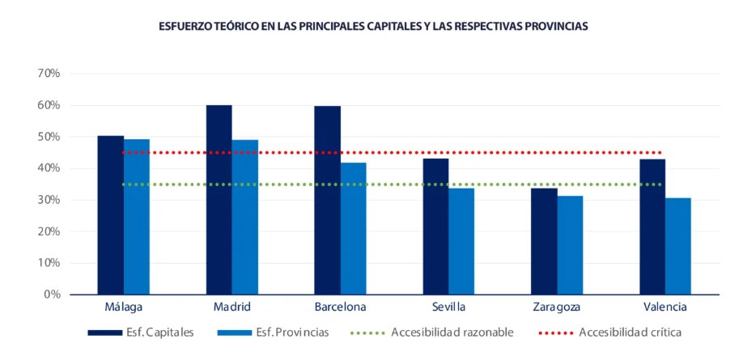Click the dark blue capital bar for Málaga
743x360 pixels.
(110, 215)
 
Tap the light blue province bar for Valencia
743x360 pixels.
(678, 246)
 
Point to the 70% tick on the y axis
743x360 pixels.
(49, 74)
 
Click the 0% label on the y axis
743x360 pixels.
(53, 294)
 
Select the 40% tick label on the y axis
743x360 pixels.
(49, 168)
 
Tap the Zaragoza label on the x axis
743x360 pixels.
(557, 307)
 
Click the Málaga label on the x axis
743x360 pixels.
(124, 307)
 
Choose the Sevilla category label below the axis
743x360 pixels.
(448, 307)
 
